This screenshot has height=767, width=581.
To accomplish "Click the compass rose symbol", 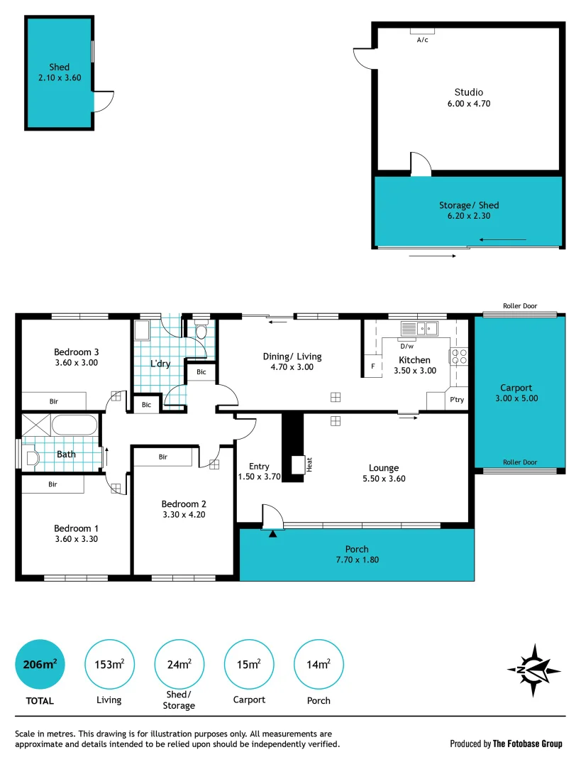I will pyautogui.click(x=533, y=670).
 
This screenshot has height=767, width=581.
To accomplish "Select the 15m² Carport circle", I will pyautogui.click(x=249, y=664).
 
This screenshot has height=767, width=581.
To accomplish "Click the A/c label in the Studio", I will pyautogui.click(x=422, y=40).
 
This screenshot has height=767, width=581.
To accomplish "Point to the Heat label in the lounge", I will pyautogui.click(x=309, y=464).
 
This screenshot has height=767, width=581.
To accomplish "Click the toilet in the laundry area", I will pyautogui.click(x=201, y=332).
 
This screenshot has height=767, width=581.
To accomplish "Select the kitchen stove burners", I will pyautogui.click(x=458, y=356).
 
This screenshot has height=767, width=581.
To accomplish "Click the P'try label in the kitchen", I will pyautogui.click(x=457, y=401).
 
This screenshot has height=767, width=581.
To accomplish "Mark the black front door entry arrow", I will pyautogui.click(x=272, y=534).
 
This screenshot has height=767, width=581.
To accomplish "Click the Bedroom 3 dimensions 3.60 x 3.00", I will pyautogui.click(x=76, y=362).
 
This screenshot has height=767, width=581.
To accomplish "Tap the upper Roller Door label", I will pyautogui.click(x=519, y=306).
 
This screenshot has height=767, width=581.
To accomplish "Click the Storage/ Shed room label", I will pyautogui.click(x=468, y=205).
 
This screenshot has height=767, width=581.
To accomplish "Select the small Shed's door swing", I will pyautogui.click(x=103, y=102).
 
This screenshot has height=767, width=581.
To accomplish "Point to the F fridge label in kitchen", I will pyautogui.click(x=372, y=366).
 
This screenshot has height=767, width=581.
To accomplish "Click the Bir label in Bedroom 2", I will pyautogui.click(x=162, y=457).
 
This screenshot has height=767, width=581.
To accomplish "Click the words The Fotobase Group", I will pyautogui.click(x=529, y=744).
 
